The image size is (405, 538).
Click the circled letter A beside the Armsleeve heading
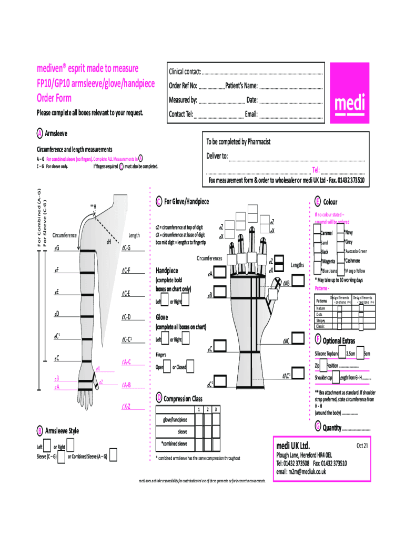(x=39, y=134)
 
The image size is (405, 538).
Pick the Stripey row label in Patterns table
(x=320, y=320)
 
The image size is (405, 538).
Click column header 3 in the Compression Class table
(x=217, y=409)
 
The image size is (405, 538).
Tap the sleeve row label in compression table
(x=183, y=431)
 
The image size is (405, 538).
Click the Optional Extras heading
(x=339, y=341)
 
